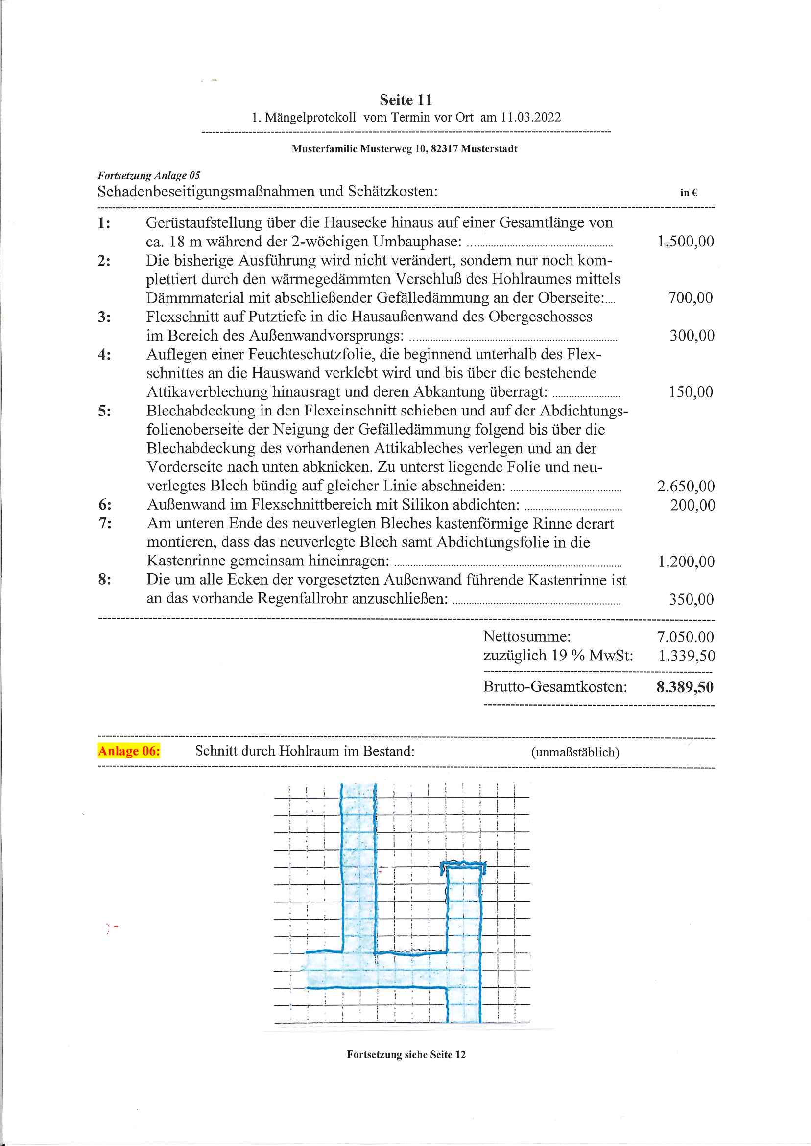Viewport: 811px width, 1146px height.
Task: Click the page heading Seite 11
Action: (405, 100)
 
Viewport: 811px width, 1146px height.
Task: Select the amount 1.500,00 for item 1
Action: (685, 241)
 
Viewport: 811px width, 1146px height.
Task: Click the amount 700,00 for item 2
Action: (690, 298)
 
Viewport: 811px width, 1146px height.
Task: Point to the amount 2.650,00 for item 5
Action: (685, 486)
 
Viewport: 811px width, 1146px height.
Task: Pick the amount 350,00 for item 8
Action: (691, 599)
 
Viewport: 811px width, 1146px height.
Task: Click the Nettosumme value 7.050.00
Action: (685, 637)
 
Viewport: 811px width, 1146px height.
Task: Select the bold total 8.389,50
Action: (685, 687)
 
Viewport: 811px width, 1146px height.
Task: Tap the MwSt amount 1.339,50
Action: (687, 656)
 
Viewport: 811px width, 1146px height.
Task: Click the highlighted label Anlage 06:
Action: (129, 751)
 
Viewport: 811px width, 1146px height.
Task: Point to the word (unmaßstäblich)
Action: (575, 753)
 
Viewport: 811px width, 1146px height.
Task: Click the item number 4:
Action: (104, 355)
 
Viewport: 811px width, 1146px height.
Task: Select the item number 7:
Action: (105, 524)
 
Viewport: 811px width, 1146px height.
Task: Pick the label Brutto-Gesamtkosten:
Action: (555, 687)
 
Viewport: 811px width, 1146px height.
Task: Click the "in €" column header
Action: (689, 193)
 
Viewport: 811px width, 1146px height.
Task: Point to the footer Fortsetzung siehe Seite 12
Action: (406, 1054)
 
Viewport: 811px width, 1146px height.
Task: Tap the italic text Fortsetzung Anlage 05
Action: (148, 176)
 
